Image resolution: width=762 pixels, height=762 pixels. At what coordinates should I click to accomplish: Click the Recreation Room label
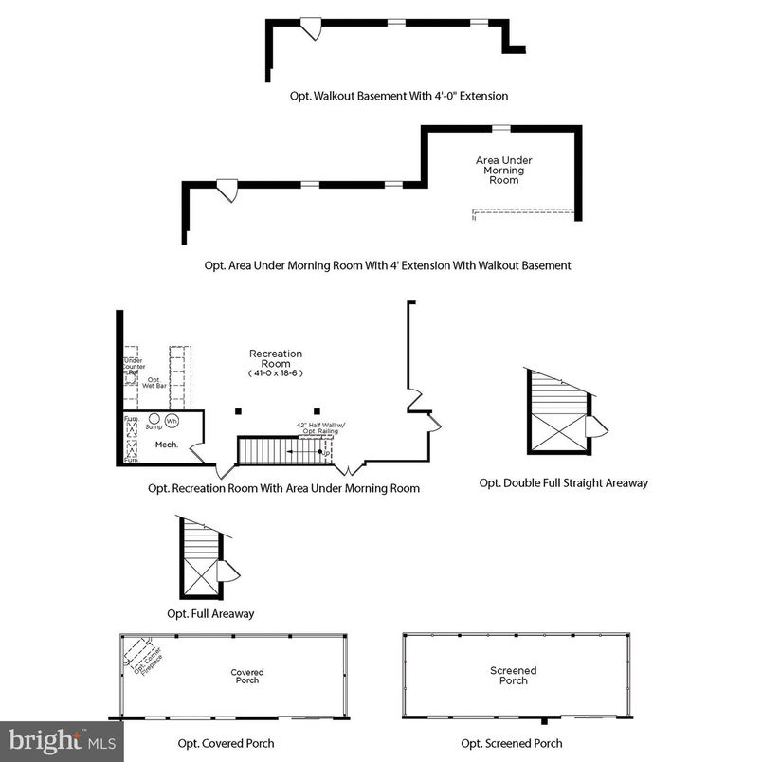276,359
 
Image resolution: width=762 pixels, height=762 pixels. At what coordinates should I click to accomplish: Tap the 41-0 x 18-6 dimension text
276,373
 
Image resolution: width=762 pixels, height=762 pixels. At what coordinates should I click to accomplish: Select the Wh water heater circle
172,420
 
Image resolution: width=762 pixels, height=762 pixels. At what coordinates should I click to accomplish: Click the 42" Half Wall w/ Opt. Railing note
316,426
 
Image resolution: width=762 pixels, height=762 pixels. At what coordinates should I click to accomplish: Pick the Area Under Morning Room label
503,170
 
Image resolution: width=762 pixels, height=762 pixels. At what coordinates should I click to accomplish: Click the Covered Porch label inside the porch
247,676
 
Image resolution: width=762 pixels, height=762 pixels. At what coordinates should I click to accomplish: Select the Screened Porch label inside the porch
513,676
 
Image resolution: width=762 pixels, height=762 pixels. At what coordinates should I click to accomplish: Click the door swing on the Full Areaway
227,571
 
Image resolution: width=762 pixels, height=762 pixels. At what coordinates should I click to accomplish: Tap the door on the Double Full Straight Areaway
594,426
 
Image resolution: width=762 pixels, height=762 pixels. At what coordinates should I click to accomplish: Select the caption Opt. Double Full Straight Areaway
563,483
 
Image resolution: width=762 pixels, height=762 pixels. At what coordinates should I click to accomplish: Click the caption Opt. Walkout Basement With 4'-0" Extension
399,96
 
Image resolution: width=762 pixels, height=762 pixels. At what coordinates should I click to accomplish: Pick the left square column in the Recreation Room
239,411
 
